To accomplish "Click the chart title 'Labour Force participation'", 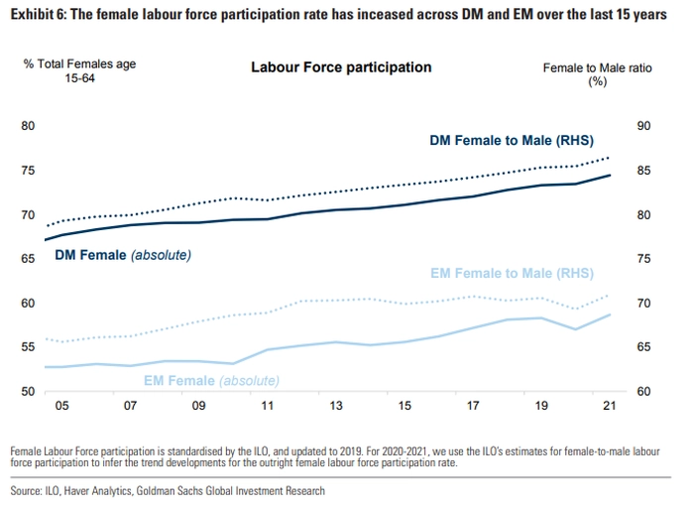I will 341,67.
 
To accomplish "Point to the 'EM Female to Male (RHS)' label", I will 513,274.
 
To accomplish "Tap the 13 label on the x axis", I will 336,407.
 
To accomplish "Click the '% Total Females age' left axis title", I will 79,63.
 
